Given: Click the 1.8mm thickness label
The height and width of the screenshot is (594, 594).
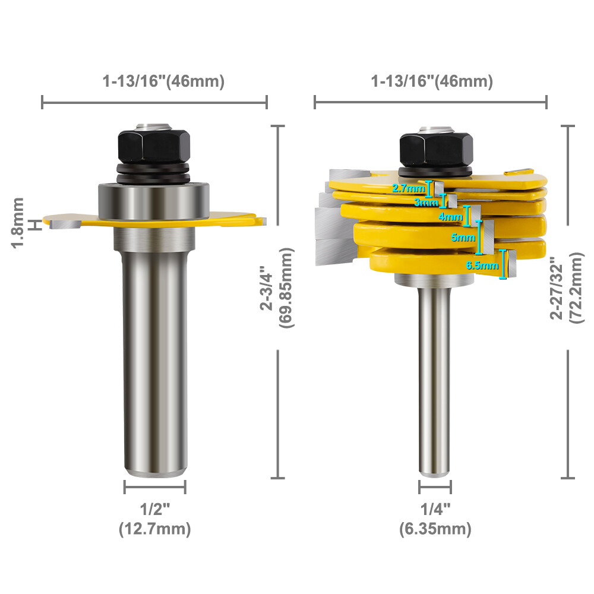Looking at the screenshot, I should pyautogui.click(x=18, y=223).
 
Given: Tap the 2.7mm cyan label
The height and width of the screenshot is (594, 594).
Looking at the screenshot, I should pyautogui.click(x=409, y=189).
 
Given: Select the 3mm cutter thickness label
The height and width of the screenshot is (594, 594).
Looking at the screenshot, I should pyautogui.click(x=425, y=202).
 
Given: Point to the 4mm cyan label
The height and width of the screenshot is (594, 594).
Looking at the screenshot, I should pyautogui.click(x=450, y=217).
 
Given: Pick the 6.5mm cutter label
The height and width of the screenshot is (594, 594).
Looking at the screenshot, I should pyautogui.click(x=482, y=266).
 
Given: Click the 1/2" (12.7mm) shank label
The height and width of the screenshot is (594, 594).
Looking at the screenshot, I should pyautogui.click(x=155, y=519).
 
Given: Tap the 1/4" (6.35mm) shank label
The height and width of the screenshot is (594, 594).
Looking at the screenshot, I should pyautogui.click(x=435, y=519).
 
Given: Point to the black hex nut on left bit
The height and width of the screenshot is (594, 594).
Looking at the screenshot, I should pyautogui.click(x=154, y=146).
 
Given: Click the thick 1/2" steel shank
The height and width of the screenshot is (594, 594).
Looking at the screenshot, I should pyautogui.click(x=154, y=356).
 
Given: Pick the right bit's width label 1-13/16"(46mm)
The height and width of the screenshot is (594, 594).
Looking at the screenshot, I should pyautogui.click(x=432, y=82).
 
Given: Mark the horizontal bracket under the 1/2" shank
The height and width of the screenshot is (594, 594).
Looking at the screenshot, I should pyautogui.click(x=154, y=488).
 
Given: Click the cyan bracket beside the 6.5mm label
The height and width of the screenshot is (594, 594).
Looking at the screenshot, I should pyautogui.click(x=505, y=264).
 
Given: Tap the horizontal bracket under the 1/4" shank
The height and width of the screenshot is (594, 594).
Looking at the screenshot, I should pyautogui.click(x=435, y=488).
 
